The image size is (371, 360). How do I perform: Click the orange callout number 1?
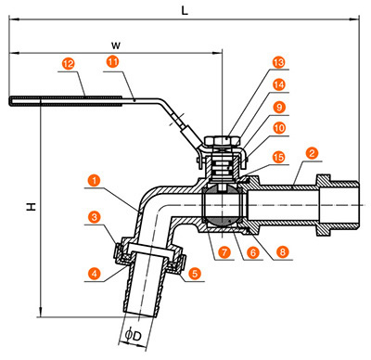(x=94, y=180)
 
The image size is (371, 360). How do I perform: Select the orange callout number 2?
(x=312, y=153)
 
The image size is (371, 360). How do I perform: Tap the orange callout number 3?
(x=95, y=217)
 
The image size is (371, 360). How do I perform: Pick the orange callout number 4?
(x=95, y=274)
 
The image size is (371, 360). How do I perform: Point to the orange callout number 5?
(x=195, y=274)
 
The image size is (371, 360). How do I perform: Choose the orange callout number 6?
(x=253, y=252)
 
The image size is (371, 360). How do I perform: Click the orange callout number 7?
(x=224, y=252)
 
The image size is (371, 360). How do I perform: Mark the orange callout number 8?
(x=282, y=251)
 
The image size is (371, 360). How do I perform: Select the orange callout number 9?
(x=279, y=108)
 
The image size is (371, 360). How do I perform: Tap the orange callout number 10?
(x=279, y=128)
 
